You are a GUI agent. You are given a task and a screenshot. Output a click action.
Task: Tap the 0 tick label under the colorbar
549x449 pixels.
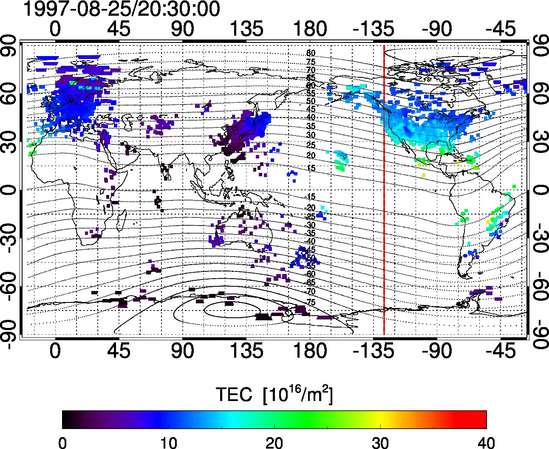(62, 442)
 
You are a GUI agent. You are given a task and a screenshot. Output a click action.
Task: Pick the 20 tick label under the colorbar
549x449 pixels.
(274, 442)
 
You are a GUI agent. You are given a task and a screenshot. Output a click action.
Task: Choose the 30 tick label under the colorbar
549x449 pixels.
(380, 442)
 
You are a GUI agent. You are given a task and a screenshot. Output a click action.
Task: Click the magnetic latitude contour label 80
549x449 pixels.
(311, 54)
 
